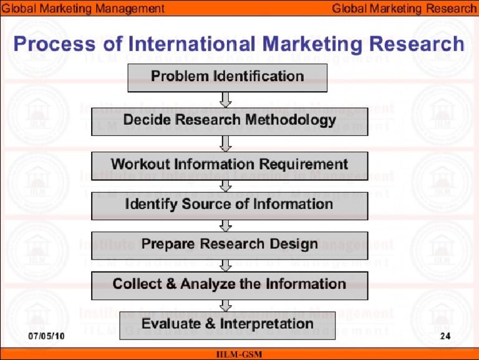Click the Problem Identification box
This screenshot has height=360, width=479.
(x=227, y=77)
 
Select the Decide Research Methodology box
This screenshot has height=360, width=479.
(x=230, y=121)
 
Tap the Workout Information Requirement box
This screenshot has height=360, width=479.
(x=230, y=165)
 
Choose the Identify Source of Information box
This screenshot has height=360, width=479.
(x=230, y=205)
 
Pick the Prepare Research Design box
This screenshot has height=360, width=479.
(x=230, y=245)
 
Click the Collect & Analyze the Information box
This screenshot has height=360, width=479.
(x=230, y=285)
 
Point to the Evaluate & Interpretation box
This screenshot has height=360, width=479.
(x=227, y=324)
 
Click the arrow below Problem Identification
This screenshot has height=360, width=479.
(x=226, y=100)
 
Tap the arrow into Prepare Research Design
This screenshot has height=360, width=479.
(x=226, y=225)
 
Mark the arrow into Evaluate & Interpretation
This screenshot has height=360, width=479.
(x=226, y=305)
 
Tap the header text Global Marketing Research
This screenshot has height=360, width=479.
(x=403, y=8)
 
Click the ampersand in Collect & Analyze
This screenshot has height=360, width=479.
(x=172, y=285)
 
